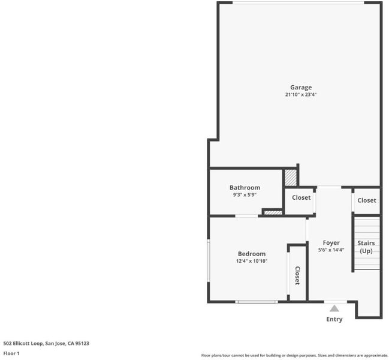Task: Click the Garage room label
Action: [301, 88]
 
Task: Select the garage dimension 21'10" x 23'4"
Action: [301, 95]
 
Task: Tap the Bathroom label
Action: [245, 188]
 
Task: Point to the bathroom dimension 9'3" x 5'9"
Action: [245, 194]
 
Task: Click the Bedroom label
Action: [252, 254]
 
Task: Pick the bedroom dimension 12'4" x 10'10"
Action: [252, 261]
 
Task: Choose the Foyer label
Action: [331, 243]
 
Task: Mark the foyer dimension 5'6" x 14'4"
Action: [331, 250]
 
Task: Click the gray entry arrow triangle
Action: [334, 308]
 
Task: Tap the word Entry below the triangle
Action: [334, 319]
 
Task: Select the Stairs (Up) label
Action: [366, 247]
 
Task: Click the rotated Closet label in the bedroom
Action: [297, 275]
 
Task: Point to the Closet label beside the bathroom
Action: [301, 197]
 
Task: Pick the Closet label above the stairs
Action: [367, 200]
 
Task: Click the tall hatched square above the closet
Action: [291, 178]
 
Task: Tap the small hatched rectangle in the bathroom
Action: [273, 212]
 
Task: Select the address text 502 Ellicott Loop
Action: [23, 343]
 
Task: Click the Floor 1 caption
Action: [11, 353]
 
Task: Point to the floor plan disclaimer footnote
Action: [295, 355]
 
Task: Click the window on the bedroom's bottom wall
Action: [257, 302]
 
